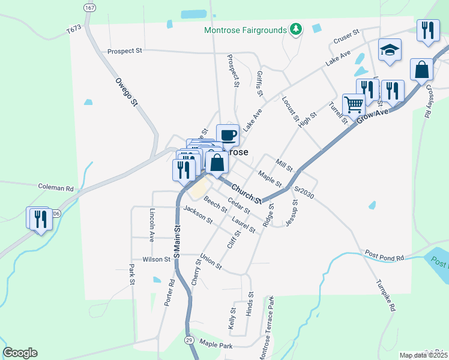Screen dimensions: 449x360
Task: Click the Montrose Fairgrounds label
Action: pyautogui.click(x=246, y=31)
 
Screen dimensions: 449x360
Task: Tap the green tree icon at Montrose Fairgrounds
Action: pyautogui.click(x=295, y=29)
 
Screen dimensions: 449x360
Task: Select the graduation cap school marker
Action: pyautogui.click(x=389, y=51)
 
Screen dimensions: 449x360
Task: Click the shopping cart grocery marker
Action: pyautogui.click(x=354, y=105)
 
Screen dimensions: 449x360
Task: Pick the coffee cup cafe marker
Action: pyautogui.click(x=228, y=135)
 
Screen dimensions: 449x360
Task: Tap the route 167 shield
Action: pyautogui.click(x=89, y=8)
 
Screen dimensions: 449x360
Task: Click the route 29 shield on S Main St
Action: pyautogui.click(x=188, y=340)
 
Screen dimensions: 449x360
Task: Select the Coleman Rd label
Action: pyautogui.click(x=55, y=187)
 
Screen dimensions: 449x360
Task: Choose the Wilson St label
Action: pyautogui.click(x=157, y=259)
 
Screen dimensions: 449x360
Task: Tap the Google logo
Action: pyautogui.click(x=20, y=353)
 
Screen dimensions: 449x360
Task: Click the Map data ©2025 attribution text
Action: pyautogui.click(x=423, y=355)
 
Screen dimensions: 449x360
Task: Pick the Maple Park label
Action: pyautogui.click(x=216, y=345)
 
